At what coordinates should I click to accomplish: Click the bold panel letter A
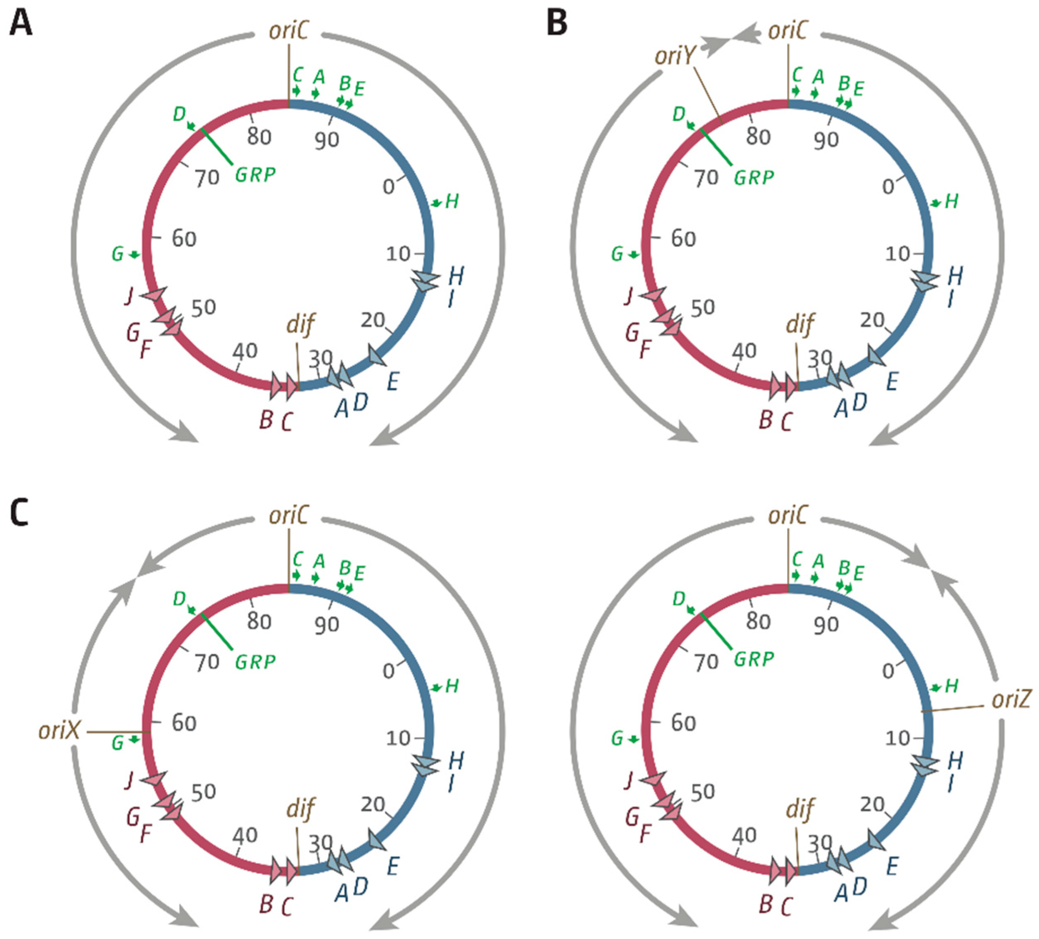[21, 23]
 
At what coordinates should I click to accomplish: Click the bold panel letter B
[557, 23]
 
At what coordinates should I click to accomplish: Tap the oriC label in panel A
[288, 31]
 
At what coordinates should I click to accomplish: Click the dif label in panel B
[800, 325]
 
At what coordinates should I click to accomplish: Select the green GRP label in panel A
[255, 175]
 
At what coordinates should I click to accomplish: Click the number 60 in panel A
[184, 239]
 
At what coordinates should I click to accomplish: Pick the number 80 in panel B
[758, 137]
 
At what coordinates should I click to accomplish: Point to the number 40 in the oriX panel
[245, 835]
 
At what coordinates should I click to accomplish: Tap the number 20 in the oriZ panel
[872, 805]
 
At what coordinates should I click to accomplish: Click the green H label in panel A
[451, 202]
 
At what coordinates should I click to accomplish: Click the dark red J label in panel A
[130, 297]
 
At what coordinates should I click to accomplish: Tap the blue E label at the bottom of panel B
[892, 382]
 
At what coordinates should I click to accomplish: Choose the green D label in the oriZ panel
[679, 599]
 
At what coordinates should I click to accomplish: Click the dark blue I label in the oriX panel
[451, 783]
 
